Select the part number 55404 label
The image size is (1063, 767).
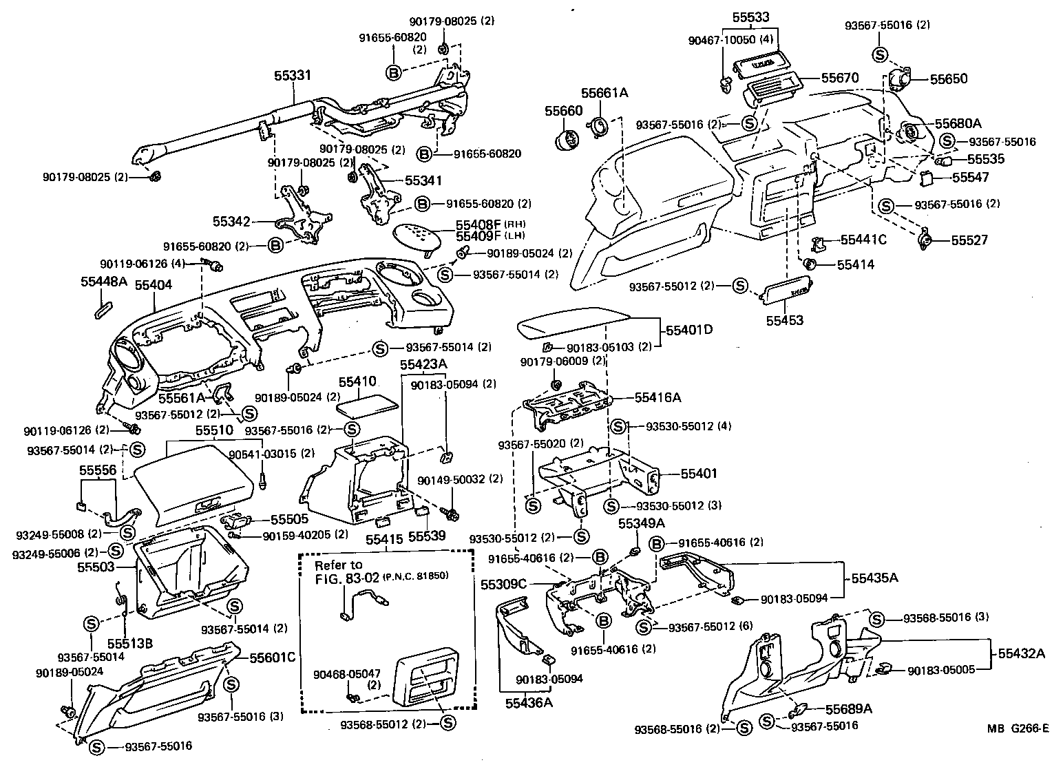[x=153, y=284]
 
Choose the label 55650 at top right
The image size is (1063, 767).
[x=949, y=78]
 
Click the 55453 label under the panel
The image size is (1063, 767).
[x=784, y=320]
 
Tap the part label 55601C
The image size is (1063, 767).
[x=272, y=658]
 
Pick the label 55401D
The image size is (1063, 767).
[x=688, y=330]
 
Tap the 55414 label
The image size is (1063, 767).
[x=856, y=264]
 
